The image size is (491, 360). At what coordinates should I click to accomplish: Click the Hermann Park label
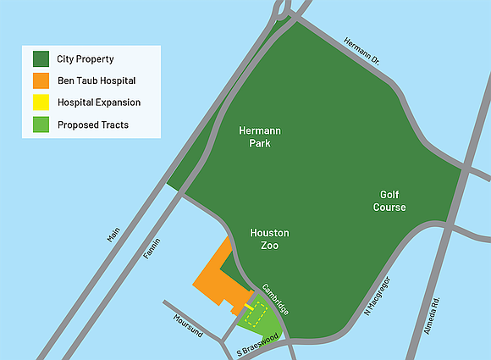click(x=259, y=138)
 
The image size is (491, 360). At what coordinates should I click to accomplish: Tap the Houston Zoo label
click(x=270, y=239)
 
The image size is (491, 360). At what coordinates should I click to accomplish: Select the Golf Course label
click(x=389, y=201)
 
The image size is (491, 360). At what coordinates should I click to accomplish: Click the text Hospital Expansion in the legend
click(x=99, y=102)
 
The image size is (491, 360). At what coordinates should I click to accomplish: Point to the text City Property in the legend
click(x=86, y=59)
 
